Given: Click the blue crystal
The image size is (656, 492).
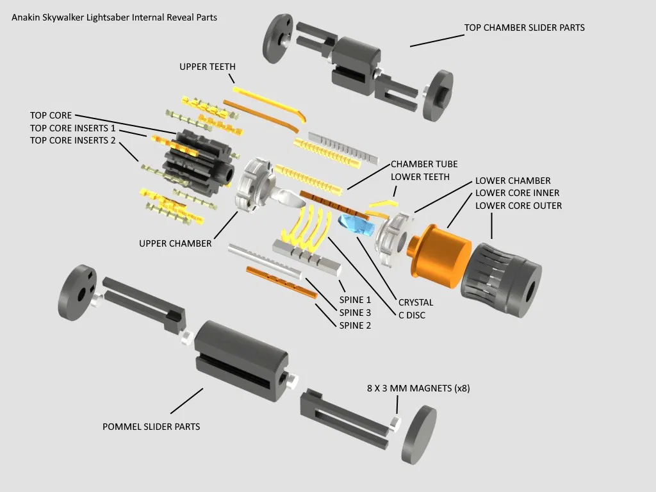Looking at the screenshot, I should pyautogui.click(x=356, y=225).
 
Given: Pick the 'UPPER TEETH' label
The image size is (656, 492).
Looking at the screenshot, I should pyautogui.click(x=207, y=67).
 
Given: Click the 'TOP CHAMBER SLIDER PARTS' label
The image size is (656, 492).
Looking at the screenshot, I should pyautogui.click(x=524, y=28).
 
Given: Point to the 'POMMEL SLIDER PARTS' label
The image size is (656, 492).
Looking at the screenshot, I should pyautogui.click(x=151, y=427).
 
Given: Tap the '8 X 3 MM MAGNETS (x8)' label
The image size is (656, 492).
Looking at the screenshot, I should pyautogui.click(x=418, y=388).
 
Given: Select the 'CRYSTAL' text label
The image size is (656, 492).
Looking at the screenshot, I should pyautogui.click(x=416, y=302).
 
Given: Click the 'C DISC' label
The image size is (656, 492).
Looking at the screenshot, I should pyautogui.click(x=411, y=315).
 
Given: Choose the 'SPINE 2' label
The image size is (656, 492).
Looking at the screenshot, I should pyautogui.click(x=355, y=325).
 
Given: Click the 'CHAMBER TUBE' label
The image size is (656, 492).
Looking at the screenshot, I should pyautogui.click(x=424, y=164).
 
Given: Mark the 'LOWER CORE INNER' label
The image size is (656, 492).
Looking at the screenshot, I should pyautogui.click(x=517, y=193).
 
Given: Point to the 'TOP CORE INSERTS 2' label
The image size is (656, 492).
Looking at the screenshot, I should pyautogui.click(x=72, y=140).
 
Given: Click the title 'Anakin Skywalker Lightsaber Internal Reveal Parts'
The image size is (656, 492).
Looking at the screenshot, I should pyautogui.click(x=114, y=17).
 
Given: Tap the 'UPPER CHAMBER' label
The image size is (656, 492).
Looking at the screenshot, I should pyautogui.click(x=175, y=243).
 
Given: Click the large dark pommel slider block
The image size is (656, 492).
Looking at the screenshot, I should pyautogui.click(x=240, y=359).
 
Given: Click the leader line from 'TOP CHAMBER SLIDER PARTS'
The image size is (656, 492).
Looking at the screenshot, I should pyautogui.click(x=436, y=40).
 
